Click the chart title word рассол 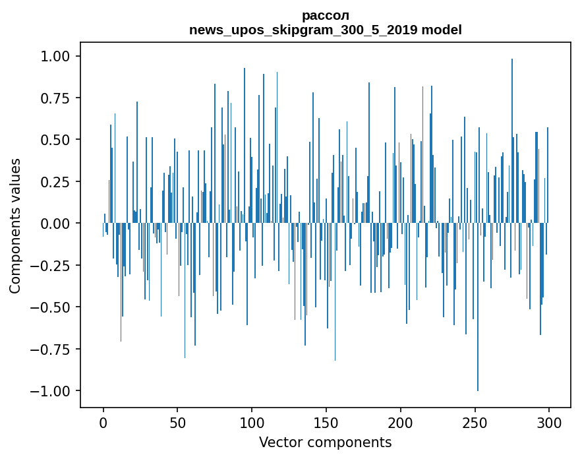(x=325, y=15)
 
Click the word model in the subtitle (x=441, y=30)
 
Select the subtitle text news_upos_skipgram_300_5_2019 (x=303, y=30)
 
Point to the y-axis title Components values (x=15, y=226)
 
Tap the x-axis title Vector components (x=325, y=442)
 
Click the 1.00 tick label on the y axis (x=56, y=56)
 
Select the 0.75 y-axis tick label (x=56, y=98)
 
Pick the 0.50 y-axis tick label (x=56, y=140)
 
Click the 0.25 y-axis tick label (x=56, y=181)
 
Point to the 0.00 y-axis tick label (x=56, y=224)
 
